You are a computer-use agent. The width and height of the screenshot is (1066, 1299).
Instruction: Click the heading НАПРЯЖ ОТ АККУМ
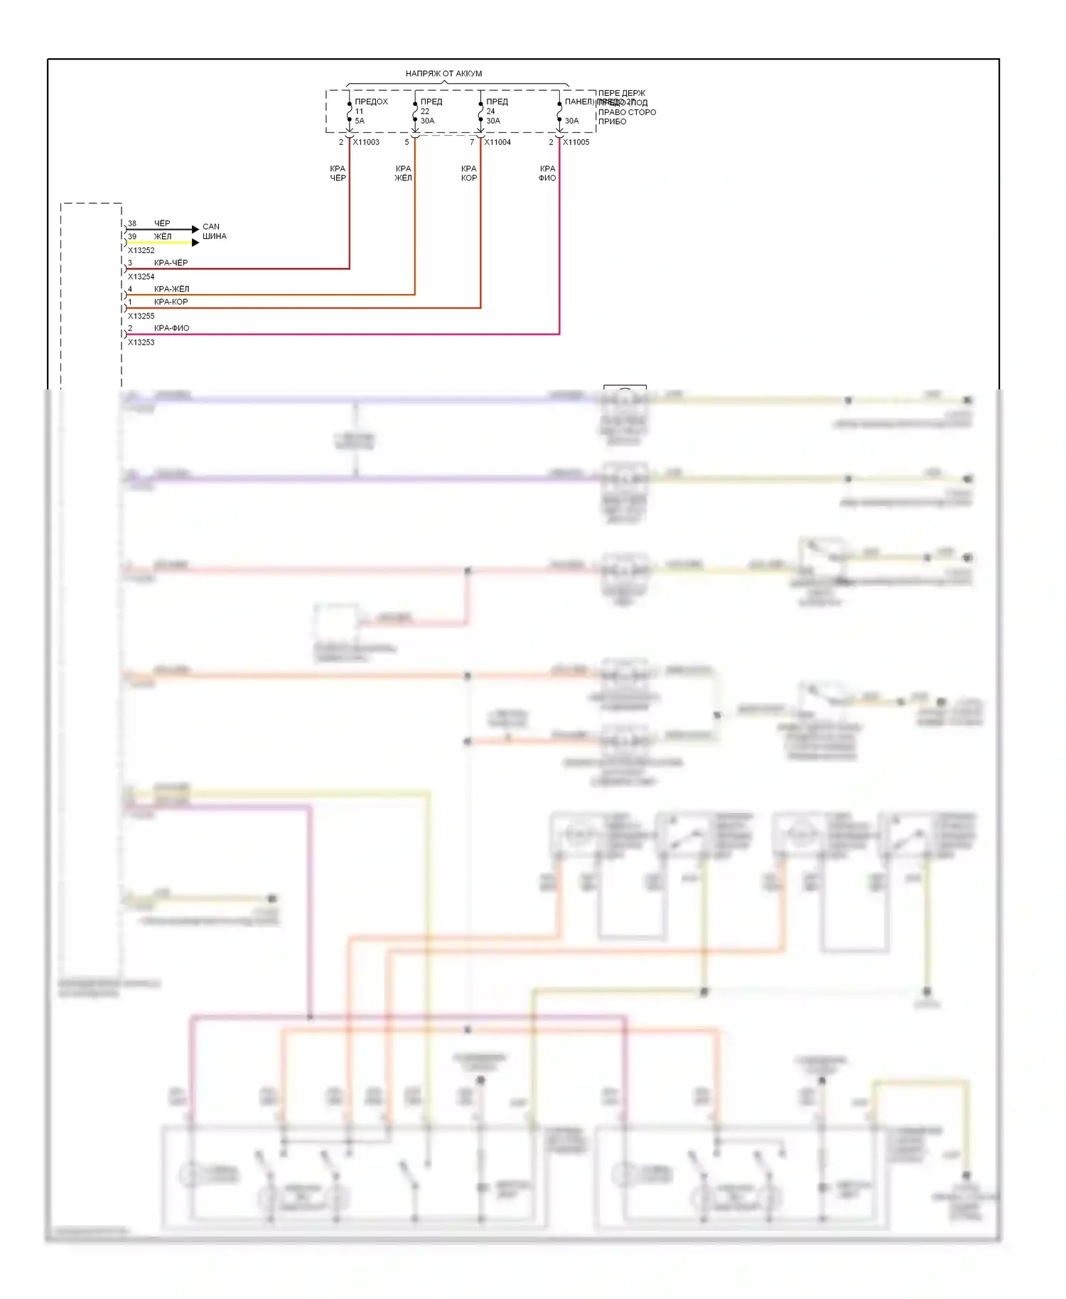pyautogui.click(x=443, y=73)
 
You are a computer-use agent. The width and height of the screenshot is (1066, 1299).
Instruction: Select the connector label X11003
pyautogui.click(x=366, y=142)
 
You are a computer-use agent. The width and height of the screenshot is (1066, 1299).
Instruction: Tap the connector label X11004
pyautogui.click(x=497, y=142)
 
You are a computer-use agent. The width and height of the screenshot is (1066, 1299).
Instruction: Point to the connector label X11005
pyautogui.click(x=576, y=142)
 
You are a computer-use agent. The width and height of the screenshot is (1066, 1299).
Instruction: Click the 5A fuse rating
pyautogui.click(x=360, y=121)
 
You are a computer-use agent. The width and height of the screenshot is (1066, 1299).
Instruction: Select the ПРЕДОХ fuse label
pyautogui.click(x=371, y=102)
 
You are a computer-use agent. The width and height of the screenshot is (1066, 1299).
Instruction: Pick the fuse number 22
pyautogui.click(x=424, y=112)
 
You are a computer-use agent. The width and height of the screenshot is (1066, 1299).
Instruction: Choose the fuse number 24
pyautogui.click(x=490, y=112)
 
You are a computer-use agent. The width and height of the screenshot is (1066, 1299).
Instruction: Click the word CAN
pyautogui.click(x=211, y=227)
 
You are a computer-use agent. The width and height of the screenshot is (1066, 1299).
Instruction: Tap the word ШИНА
pyautogui.click(x=214, y=237)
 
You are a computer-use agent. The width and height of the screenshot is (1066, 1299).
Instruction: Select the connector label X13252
pyautogui.click(x=141, y=250)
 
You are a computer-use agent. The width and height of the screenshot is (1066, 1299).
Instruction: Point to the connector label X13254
pyautogui.click(x=141, y=276)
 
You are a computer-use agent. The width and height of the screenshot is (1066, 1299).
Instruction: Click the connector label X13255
pyautogui.click(x=141, y=316)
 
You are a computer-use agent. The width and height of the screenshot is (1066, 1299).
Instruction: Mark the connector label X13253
pyautogui.click(x=141, y=342)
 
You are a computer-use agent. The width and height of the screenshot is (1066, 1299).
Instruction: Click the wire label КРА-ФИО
pyautogui.click(x=171, y=328)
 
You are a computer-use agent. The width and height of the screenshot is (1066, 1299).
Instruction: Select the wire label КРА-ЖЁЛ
pyautogui.click(x=171, y=289)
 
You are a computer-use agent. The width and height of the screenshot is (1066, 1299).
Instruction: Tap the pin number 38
pyautogui.click(x=132, y=223)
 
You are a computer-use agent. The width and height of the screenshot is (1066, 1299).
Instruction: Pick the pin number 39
pyautogui.click(x=132, y=237)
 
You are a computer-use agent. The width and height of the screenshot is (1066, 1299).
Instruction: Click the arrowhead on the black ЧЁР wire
pyautogui.click(x=195, y=229)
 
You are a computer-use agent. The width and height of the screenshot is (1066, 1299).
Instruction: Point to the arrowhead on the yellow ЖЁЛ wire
pyautogui.click(x=195, y=242)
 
